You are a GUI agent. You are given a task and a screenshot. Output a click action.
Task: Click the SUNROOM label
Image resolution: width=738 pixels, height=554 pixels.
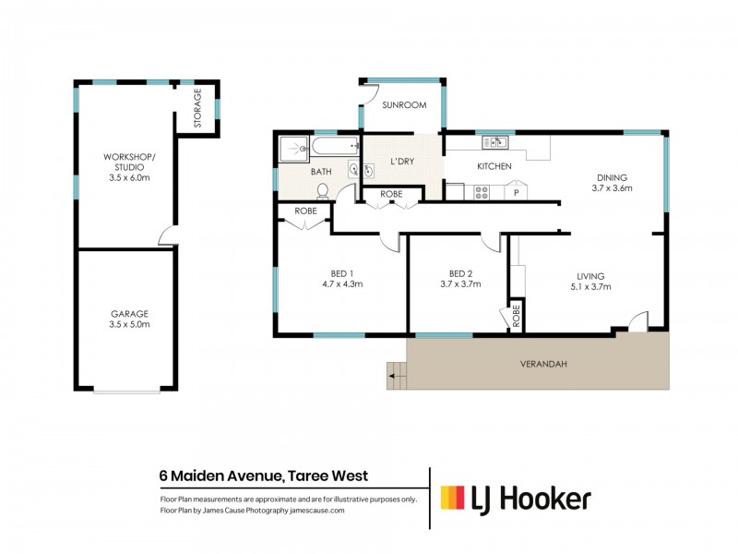(404, 105)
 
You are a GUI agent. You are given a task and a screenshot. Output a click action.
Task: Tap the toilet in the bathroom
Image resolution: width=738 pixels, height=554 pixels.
(322, 190)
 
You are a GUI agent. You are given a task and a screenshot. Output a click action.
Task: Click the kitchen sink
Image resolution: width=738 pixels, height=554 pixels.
(494, 142)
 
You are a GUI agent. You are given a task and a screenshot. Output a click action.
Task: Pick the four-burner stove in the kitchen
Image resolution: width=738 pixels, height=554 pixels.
(481, 192)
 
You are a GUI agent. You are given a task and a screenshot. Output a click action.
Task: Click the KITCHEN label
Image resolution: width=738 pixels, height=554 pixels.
(494, 167)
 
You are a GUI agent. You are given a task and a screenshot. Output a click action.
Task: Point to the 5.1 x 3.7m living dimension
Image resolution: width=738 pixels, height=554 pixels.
(589, 287)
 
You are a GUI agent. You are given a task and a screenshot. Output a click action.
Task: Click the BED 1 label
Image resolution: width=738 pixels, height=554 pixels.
(341, 272)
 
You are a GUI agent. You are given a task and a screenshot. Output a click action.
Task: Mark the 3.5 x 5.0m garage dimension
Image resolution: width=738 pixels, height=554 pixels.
(124, 325)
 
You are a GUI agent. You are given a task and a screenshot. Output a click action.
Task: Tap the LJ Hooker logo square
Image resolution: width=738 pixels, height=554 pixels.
(452, 499)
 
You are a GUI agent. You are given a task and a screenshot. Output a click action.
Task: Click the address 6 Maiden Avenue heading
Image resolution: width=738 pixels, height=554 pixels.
(264, 476)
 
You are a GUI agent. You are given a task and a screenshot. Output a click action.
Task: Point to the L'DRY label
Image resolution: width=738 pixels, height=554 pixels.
(402, 162)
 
